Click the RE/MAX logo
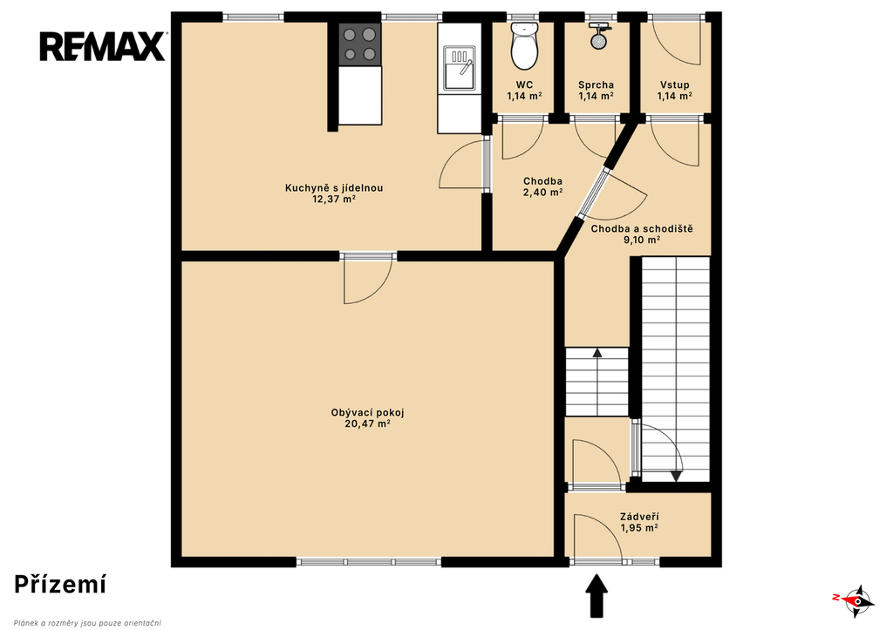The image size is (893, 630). pyautogui.click(x=103, y=46)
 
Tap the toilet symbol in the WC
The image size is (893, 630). pyautogui.click(x=524, y=45)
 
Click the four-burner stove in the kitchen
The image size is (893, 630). pyautogui.click(x=360, y=44)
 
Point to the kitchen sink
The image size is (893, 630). pyautogui.click(x=460, y=70)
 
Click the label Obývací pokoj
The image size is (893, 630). pyautogui.click(x=367, y=413)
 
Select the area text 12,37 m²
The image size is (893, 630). pyautogui.click(x=334, y=199)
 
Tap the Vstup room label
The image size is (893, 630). pyautogui.click(x=675, y=85)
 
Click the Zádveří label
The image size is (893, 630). pyautogui.click(x=639, y=517)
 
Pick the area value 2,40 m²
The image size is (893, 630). pyautogui.click(x=542, y=193)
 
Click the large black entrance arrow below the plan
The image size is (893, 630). pyautogui.click(x=596, y=596)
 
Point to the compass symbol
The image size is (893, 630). pyautogui.click(x=855, y=600)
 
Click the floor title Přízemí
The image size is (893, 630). pyautogui.click(x=60, y=585)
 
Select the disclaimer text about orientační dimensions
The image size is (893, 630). pyautogui.click(x=88, y=623)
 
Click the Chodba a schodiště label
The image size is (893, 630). pyautogui.click(x=642, y=229)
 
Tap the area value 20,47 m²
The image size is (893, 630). pyautogui.click(x=367, y=424)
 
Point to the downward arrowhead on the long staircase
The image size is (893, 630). pyautogui.click(x=676, y=477)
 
